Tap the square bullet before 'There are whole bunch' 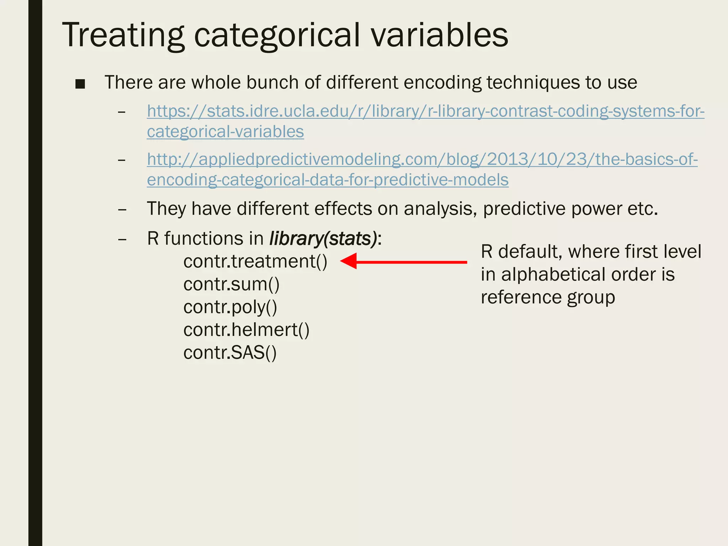click(x=80, y=84)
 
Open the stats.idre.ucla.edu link click(x=425, y=111)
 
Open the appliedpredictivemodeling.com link click(x=422, y=159)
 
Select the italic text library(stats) click(x=323, y=239)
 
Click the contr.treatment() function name click(x=255, y=262)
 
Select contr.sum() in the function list click(x=231, y=284)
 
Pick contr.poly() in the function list click(x=230, y=307)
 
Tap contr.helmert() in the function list click(x=246, y=330)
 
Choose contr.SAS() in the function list click(x=230, y=353)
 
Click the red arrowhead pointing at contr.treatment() click(x=349, y=262)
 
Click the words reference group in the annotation click(x=547, y=297)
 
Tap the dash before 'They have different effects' click(x=122, y=209)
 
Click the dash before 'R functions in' click(x=122, y=239)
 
